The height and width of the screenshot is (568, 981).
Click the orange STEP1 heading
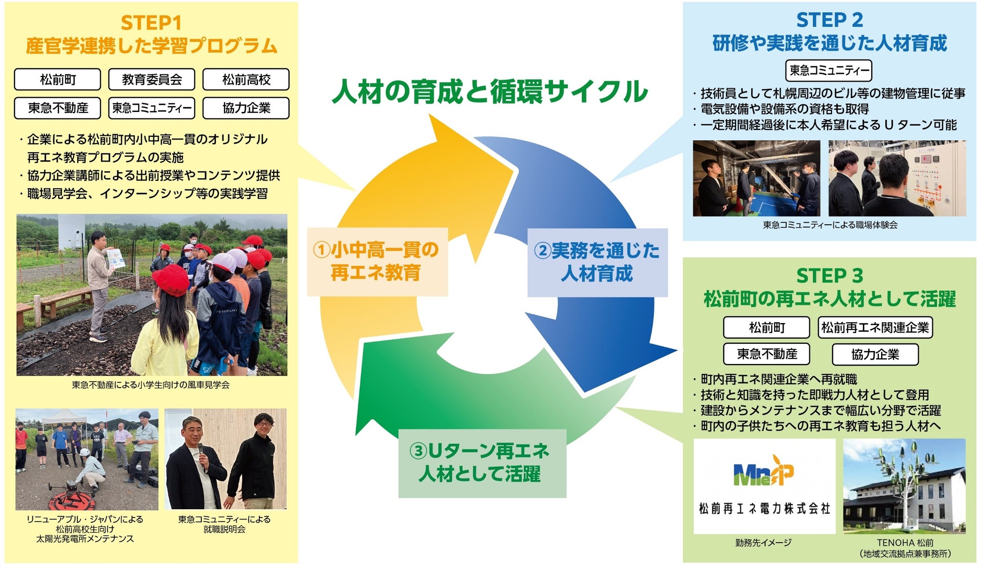(151, 23)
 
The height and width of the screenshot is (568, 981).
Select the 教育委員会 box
(152, 79)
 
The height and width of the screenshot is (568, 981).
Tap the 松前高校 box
(246, 79)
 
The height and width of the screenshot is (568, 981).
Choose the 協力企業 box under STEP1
(246, 108)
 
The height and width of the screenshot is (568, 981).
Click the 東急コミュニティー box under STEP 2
(829, 70)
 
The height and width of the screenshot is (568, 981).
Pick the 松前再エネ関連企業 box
(875, 327)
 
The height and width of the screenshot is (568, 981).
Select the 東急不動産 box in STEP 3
(766, 354)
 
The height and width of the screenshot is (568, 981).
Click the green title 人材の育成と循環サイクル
(490, 92)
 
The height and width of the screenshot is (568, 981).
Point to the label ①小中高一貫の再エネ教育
(376, 261)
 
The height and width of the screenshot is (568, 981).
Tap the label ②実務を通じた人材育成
(597, 262)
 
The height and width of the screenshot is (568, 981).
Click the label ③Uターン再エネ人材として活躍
(482, 463)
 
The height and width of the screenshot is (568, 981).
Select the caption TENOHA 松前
(905, 543)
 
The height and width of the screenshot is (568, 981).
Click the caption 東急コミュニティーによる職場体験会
(830, 225)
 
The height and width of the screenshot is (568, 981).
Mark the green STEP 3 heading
(829, 276)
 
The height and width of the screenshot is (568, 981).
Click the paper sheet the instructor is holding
(115, 258)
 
